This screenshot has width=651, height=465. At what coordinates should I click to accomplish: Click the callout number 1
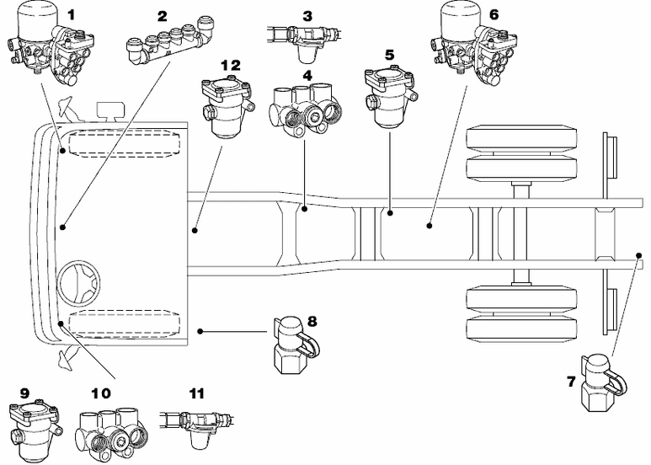pos(71,14)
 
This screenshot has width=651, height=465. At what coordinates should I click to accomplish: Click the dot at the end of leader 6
pos(430,226)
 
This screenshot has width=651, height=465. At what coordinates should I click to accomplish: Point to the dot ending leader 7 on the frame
pos(639,252)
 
